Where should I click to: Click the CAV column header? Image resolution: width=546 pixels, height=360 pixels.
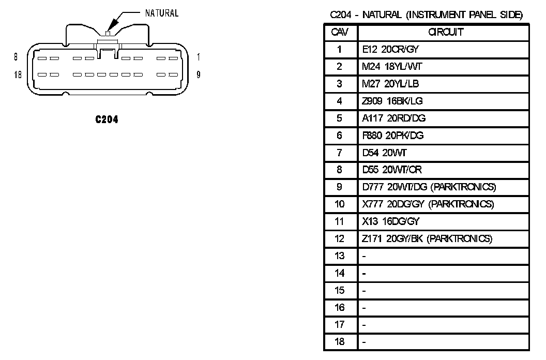point(340,32)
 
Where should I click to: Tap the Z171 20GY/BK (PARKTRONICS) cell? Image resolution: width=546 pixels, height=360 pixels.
point(427,238)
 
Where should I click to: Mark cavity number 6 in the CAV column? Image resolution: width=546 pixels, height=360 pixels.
point(340,136)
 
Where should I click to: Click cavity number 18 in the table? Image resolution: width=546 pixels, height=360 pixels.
point(340,342)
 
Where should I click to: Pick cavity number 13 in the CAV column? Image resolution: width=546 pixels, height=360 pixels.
point(340,256)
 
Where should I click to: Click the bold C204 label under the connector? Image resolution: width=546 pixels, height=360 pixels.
point(107,119)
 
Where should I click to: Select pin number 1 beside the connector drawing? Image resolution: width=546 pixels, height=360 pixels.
point(199,57)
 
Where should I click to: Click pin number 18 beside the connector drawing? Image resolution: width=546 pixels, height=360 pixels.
point(18,74)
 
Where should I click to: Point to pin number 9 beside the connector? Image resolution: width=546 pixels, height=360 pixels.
point(199,74)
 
